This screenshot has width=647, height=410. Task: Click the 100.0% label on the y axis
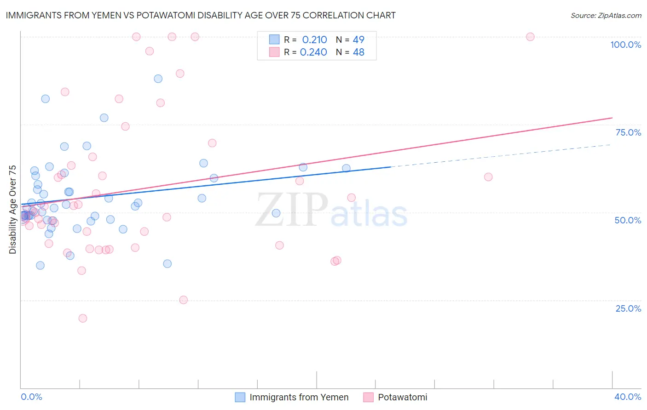(x=625, y=45)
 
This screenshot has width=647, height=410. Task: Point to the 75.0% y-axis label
(x=628, y=132)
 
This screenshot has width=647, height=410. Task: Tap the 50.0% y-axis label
(x=628, y=220)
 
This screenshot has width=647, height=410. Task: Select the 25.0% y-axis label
(x=628, y=308)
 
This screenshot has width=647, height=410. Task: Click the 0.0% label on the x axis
(x=31, y=397)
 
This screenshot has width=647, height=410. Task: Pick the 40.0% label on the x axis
(x=627, y=397)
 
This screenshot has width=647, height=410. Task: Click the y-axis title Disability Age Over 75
(x=12, y=209)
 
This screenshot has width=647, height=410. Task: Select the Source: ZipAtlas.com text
(x=606, y=15)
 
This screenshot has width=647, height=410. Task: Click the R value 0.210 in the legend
(x=314, y=40)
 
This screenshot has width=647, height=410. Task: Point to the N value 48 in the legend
(x=358, y=52)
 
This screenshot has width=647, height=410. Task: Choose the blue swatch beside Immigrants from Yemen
(x=240, y=397)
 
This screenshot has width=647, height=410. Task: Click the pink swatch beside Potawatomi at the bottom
(x=368, y=397)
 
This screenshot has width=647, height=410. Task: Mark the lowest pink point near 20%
(x=83, y=318)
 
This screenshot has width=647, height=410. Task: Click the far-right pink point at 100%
(x=530, y=37)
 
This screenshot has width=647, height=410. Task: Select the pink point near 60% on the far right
(x=488, y=177)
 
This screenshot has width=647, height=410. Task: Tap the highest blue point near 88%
(x=158, y=79)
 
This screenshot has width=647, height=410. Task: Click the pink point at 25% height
(x=183, y=300)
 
